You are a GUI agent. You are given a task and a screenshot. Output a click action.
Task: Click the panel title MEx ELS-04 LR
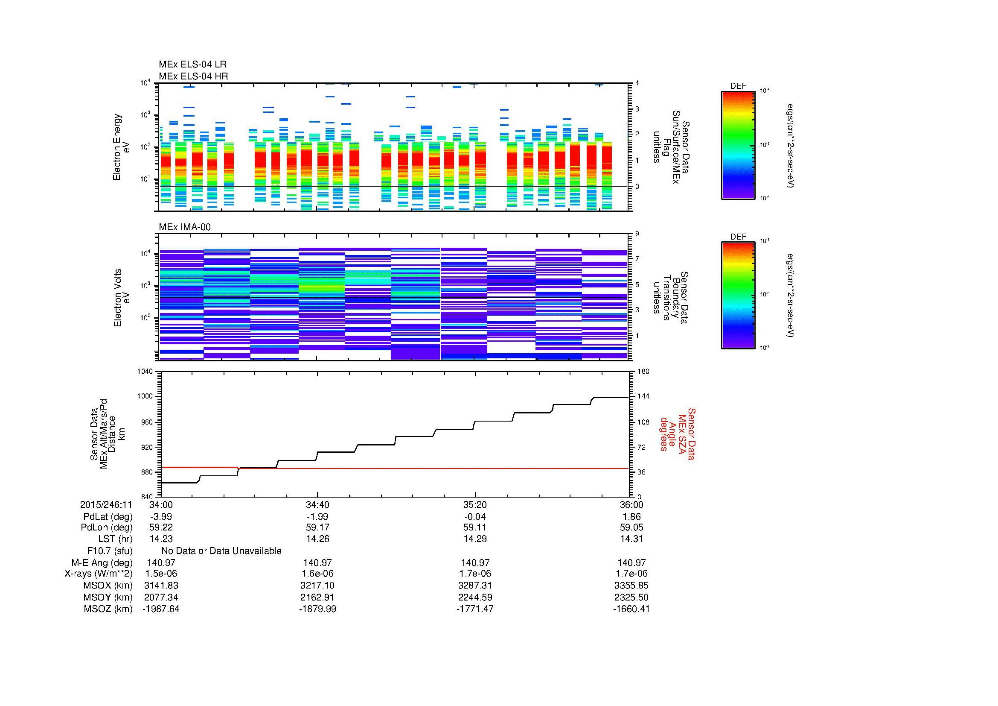192,64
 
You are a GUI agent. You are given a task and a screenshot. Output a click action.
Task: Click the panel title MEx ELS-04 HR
193,76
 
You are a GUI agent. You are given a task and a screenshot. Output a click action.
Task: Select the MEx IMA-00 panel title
185,227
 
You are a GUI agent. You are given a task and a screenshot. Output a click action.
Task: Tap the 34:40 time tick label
317,505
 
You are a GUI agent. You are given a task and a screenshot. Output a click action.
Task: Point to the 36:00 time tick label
631,505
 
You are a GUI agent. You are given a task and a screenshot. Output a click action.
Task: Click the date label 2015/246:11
106,505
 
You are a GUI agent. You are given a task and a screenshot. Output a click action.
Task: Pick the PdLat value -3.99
161,517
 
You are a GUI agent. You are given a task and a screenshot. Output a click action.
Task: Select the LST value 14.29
474,539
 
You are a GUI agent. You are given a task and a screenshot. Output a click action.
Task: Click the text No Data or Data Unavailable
221,551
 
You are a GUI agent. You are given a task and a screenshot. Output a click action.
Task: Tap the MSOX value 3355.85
631,586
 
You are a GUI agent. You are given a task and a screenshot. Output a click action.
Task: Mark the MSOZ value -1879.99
317,609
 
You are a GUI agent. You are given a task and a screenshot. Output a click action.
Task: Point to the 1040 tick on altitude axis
145,372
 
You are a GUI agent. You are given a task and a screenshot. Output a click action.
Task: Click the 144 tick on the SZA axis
643,397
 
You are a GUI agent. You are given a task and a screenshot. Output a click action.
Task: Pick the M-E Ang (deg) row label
102,563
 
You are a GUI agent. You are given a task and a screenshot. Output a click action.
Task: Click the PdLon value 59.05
631,527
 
